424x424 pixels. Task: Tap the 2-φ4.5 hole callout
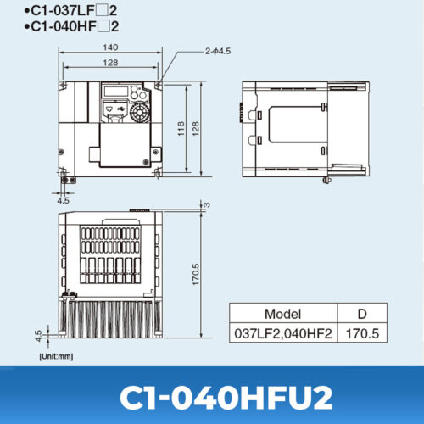pyautogui.click(x=217, y=52)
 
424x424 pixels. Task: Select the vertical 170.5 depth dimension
pyautogui.click(x=195, y=275)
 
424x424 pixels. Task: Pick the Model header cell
pyautogui.click(x=282, y=313)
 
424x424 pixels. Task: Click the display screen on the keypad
pyautogui.click(x=115, y=92)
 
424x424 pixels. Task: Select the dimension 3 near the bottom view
pyautogui.click(x=206, y=204)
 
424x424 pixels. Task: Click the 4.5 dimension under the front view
pyautogui.click(x=63, y=201)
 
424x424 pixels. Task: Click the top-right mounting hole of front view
pyautogui.click(x=159, y=85)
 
